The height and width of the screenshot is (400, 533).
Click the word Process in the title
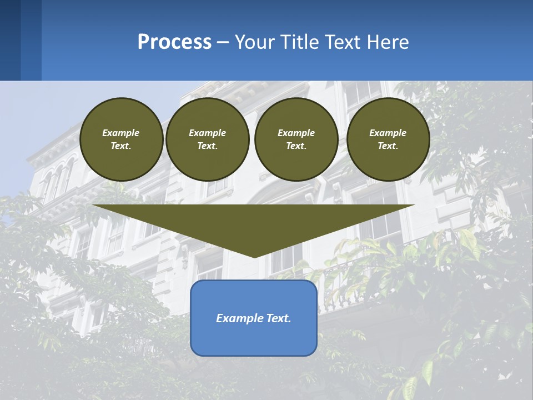pyautogui.click(x=174, y=42)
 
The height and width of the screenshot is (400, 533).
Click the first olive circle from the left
pyautogui.click(x=121, y=139)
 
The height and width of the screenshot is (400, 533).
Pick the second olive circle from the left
pyautogui.click(x=207, y=139)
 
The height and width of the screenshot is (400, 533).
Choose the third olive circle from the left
pyautogui.click(x=296, y=139)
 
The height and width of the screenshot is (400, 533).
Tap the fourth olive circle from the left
pyautogui.click(x=388, y=139)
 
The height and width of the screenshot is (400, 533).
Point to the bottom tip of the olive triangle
pyautogui.click(x=254, y=256)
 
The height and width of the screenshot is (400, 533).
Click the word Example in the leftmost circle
pyautogui.click(x=121, y=133)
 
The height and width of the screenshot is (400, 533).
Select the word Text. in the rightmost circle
pyautogui.click(x=388, y=146)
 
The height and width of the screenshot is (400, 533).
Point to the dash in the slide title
pyautogui.click(x=223, y=42)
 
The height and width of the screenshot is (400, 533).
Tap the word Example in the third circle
pyautogui.click(x=296, y=133)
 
